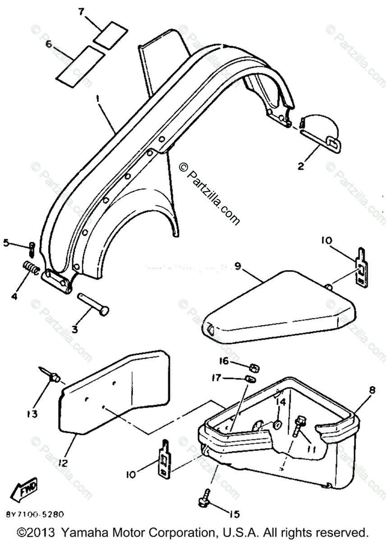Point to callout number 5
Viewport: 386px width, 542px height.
pos(7,243)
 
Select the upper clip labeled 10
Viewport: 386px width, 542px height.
pos(361,269)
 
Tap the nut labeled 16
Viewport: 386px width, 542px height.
pos(253,366)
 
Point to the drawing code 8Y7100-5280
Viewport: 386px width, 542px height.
pos(35,514)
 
